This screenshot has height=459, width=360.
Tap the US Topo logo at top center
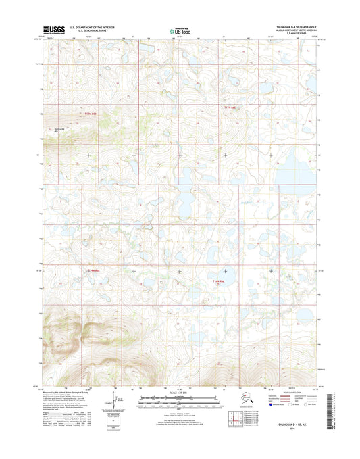tap(178, 30)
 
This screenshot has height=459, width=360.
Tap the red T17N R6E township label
tap(231, 108)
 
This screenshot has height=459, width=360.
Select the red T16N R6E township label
tap(217, 280)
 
